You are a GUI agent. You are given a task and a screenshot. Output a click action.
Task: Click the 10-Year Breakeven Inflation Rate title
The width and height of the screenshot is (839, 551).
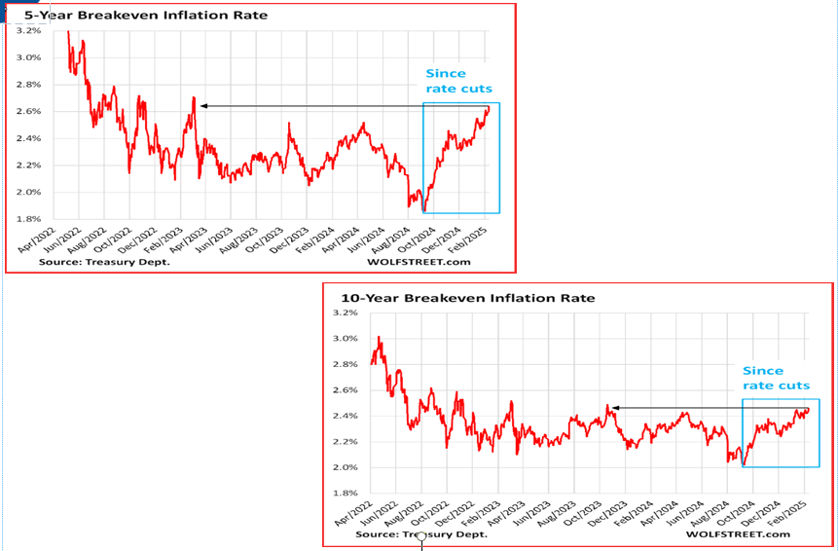pos(467,298)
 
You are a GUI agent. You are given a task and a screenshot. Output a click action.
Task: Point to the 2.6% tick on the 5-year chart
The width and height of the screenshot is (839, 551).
pos(29,111)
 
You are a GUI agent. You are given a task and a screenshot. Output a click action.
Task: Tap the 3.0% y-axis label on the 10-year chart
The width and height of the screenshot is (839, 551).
pos(346,339)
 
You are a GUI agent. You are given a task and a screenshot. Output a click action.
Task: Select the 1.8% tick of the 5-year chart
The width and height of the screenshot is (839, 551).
pos(29,219)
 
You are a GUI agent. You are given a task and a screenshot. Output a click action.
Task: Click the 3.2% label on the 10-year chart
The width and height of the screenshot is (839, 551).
pos(346,312)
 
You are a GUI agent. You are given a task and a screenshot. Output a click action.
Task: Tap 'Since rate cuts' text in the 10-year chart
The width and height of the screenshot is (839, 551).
pos(776,378)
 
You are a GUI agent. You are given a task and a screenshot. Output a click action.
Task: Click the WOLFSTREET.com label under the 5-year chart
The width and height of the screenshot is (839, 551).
pos(419,262)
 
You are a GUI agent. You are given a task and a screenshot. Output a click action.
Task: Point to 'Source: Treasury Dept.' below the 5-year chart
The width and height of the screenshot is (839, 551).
pos(105,262)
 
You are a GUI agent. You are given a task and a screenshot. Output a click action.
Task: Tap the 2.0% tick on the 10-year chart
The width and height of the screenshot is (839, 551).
pos(346,467)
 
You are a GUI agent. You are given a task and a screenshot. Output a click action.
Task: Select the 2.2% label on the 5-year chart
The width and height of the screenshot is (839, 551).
pos(29,165)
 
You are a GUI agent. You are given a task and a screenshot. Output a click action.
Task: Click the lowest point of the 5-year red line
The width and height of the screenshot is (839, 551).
pos(424,211)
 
